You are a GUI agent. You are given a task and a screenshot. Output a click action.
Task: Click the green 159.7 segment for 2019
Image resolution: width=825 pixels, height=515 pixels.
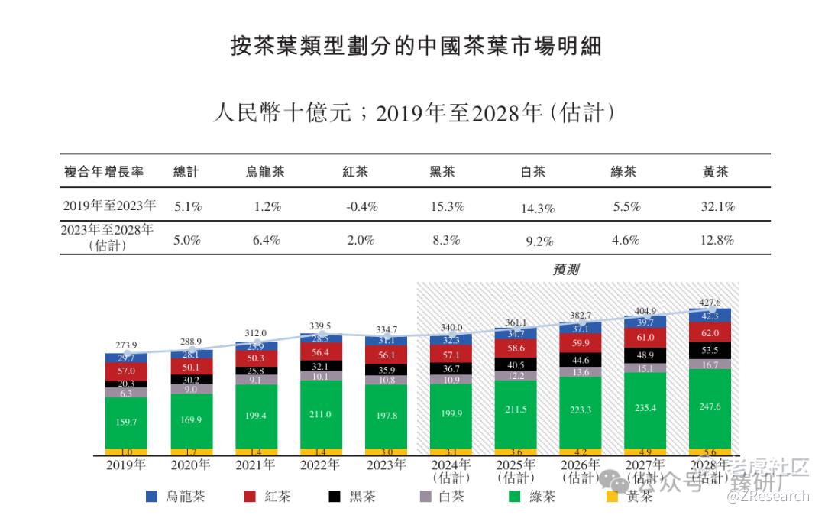(x=127, y=421)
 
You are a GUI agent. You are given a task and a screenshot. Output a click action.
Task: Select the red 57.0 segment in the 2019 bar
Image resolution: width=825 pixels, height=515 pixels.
(x=127, y=371)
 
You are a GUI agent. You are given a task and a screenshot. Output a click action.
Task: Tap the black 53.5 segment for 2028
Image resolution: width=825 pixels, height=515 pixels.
(x=710, y=349)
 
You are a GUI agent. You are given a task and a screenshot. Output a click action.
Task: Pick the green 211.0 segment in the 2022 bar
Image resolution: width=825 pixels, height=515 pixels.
(x=321, y=414)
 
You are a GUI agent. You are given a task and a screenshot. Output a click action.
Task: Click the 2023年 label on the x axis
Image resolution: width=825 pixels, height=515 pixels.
(x=386, y=465)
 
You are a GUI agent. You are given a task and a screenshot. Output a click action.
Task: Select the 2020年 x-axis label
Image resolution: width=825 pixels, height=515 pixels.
(x=191, y=465)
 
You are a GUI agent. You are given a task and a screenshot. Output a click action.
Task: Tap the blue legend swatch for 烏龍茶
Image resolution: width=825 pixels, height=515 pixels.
(x=151, y=497)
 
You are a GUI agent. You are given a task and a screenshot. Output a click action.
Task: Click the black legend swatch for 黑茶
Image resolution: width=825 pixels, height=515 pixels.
(x=334, y=497)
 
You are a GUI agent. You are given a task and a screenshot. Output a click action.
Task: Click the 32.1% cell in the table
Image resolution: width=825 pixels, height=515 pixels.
(x=718, y=206)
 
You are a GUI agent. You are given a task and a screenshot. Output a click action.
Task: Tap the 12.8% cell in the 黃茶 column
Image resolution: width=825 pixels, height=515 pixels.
(x=718, y=240)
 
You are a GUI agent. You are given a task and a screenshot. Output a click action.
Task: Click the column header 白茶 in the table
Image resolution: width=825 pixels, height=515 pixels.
(x=532, y=172)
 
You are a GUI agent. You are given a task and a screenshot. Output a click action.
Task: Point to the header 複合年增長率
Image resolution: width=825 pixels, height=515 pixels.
(x=103, y=172)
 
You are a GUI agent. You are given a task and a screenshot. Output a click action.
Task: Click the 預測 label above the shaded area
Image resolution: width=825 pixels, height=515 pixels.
(x=566, y=270)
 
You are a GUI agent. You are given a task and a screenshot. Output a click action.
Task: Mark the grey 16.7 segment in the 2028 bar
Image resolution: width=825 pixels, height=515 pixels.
(x=710, y=365)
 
